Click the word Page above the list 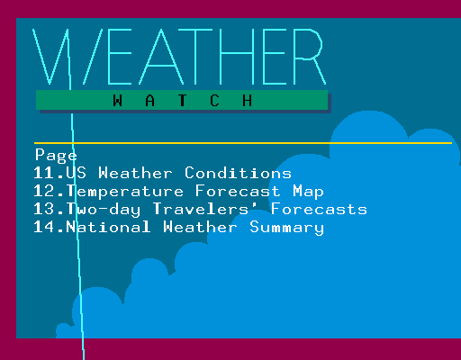tap(56, 156)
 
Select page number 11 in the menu tap(45, 173)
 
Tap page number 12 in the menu tap(45, 191)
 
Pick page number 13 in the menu tap(45, 209)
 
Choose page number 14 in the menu tap(45, 227)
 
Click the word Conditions tap(238, 173)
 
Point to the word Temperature tap(124, 193)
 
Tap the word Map tap(308, 193)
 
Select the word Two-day tap(103, 210)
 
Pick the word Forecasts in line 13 tap(319, 209)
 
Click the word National tap(108, 227)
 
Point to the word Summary tap(286, 228)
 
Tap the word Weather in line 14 tap(200, 227)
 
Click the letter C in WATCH tap(214, 101)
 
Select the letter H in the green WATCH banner tap(248, 101)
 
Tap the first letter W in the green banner tap(118, 101)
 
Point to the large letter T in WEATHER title tap(195, 57)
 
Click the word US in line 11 tap(76, 173)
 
